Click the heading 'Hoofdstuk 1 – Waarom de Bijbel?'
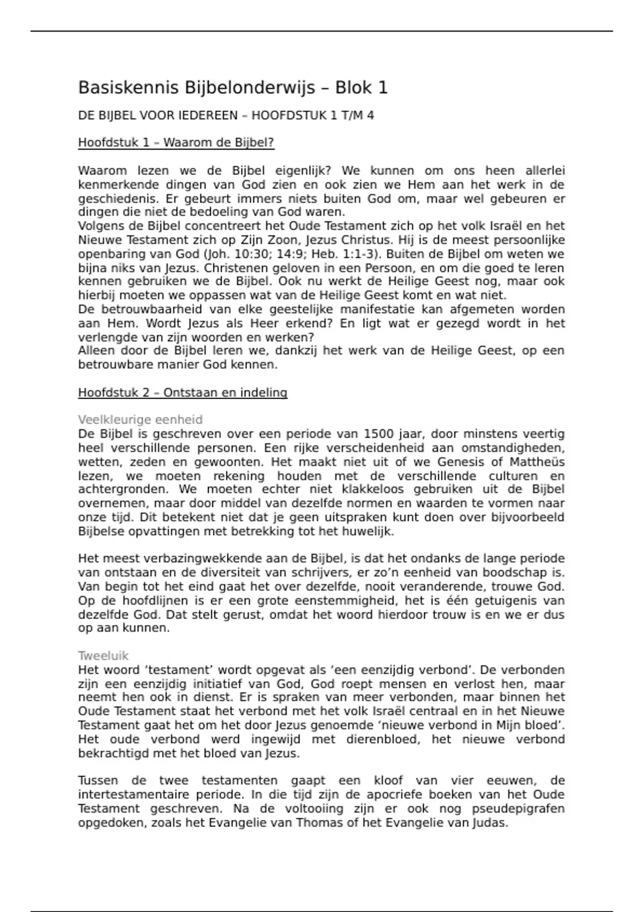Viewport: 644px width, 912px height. tap(176, 143)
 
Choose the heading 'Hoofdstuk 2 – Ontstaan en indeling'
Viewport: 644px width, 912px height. tap(182, 393)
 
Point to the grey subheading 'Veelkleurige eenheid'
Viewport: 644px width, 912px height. tap(140, 420)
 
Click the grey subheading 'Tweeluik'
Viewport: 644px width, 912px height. tap(103, 656)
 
